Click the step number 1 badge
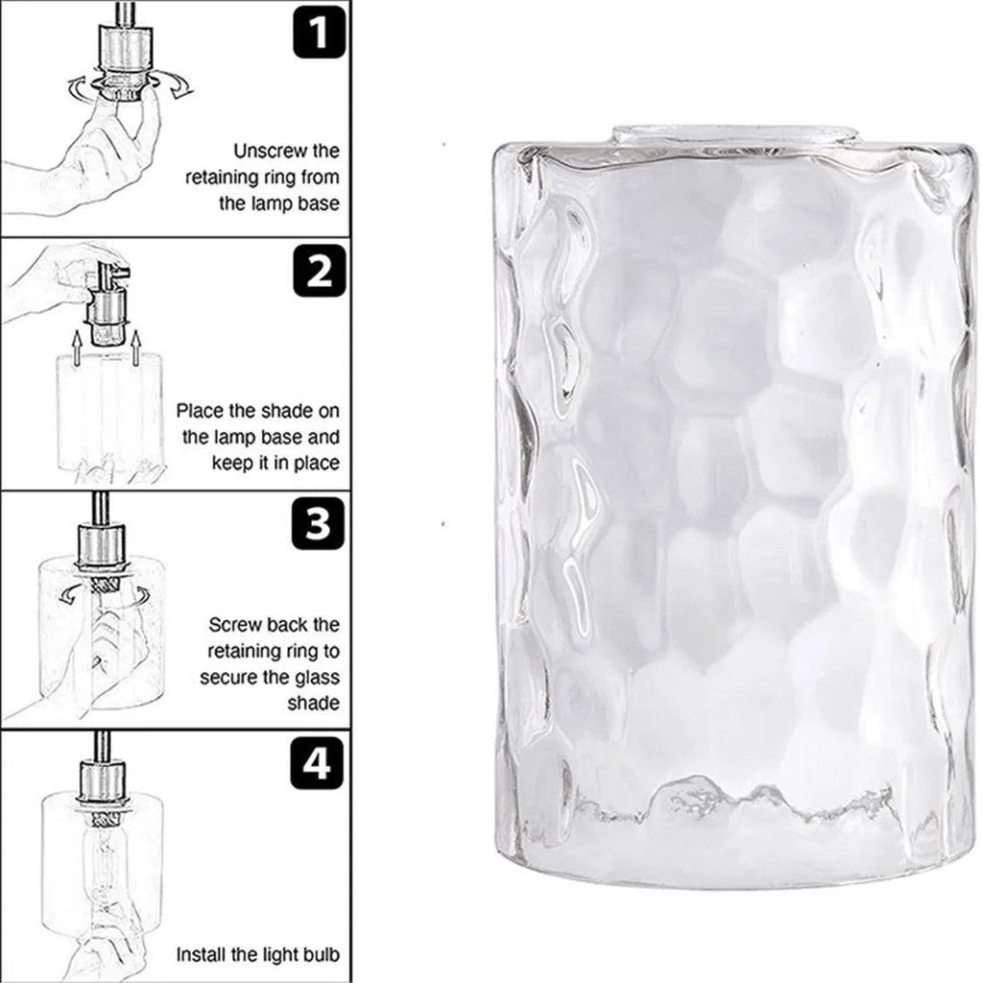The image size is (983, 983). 319,32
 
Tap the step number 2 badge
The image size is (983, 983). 319,271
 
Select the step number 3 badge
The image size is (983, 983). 319,523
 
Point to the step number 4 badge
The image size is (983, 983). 317,763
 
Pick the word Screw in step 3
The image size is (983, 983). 236,625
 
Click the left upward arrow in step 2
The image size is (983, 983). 77,348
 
